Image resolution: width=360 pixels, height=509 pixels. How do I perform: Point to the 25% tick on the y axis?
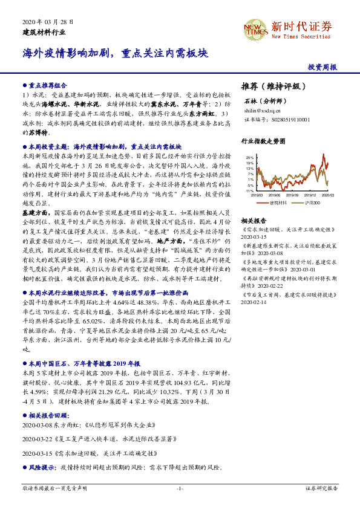click(250, 158)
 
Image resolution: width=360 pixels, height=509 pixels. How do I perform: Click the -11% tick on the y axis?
click(249, 191)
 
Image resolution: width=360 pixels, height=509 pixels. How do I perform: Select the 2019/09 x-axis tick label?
click(292, 195)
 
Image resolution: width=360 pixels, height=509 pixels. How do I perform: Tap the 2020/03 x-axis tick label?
click(328, 195)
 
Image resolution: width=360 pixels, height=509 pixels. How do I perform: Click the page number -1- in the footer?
click(180, 488)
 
